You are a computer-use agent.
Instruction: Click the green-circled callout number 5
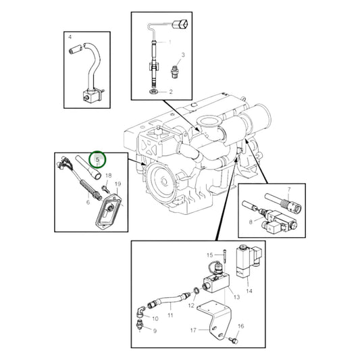coord(99,160)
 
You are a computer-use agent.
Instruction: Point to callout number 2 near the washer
coord(171,91)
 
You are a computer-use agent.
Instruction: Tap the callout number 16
coord(241,326)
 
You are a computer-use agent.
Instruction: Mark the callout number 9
coord(155,331)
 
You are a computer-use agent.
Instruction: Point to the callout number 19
coord(118,184)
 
